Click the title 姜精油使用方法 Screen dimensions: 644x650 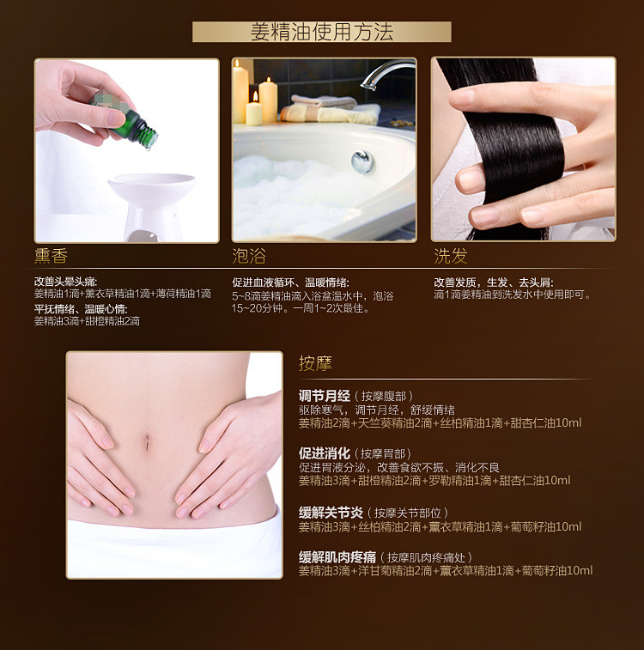(322, 32)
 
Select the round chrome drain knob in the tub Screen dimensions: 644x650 (362, 161)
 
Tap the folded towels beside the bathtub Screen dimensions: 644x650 (331, 109)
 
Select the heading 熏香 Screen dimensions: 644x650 (51, 255)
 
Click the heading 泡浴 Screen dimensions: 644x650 (249, 256)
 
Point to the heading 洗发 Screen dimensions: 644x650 (451, 256)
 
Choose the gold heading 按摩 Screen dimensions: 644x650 (315, 363)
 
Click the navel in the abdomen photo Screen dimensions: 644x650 (147, 441)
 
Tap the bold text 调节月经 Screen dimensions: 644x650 (325, 396)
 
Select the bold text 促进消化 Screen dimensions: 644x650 (325, 453)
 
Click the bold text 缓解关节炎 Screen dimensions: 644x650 (331, 513)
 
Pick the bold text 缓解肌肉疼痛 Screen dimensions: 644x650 (337, 556)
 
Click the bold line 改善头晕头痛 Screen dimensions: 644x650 (65, 282)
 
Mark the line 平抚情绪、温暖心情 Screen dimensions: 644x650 (81, 309)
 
